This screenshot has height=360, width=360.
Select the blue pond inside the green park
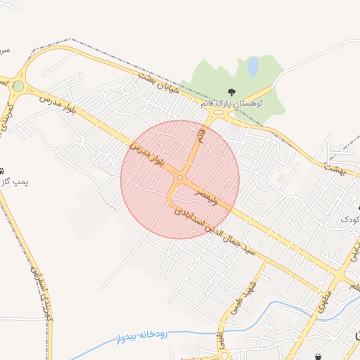tap(252, 67)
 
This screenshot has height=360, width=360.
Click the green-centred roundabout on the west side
tap(18, 86)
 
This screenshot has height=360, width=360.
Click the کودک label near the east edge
tap(349, 219)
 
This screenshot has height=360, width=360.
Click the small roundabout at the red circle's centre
tap(180, 179)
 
